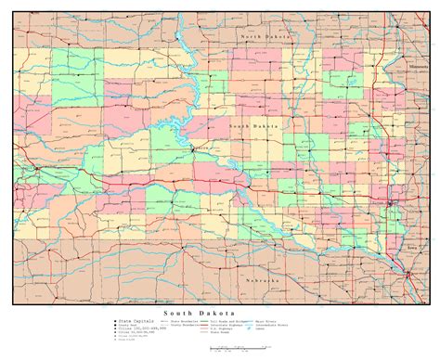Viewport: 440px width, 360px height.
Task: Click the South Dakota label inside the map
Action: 252,125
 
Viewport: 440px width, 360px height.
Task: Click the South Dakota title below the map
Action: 194,313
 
